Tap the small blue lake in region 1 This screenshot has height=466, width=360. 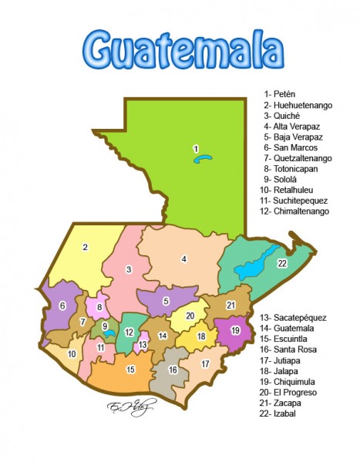tap(203, 158)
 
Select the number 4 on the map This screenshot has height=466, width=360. tap(184, 259)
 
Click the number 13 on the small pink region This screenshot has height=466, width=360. tap(143, 344)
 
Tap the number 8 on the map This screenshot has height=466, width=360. tap(99, 307)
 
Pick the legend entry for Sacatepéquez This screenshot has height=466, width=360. tap(294, 317)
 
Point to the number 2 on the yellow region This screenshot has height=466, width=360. tap(85, 248)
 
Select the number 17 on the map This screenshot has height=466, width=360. tap(205, 363)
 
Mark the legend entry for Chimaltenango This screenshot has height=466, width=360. tap(295, 211)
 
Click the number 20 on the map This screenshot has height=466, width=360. tap(190, 316)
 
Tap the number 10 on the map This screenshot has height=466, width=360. tap(72, 354)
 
